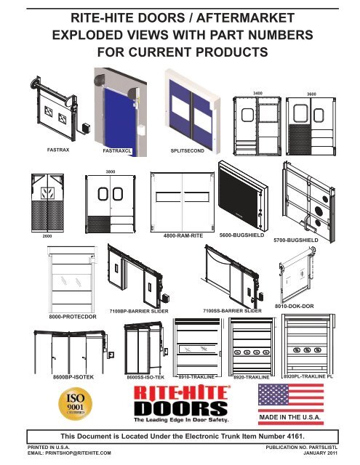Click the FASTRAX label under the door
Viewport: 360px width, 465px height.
pos(58,150)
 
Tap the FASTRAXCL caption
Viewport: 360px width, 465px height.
pos(117,150)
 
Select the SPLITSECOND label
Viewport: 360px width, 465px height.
pos(187,150)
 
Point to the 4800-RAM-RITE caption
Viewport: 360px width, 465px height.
pos(183,235)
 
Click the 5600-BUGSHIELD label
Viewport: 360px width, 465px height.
pos(241,235)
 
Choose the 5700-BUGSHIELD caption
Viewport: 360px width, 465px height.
pos(295,240)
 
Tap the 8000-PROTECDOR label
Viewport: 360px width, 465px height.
pos(73,317)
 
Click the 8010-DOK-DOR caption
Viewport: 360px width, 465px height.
pos(294,306)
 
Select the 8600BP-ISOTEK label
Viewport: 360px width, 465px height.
pos(73,377)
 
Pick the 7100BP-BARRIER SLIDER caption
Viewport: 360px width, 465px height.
pos(139,311)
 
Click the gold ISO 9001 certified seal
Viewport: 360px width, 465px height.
pos(76,404)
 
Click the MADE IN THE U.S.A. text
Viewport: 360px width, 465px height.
pos(290,417)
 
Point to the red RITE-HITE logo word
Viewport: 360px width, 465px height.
pos(182,392)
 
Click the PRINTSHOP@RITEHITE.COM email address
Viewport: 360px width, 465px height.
pos(78,453)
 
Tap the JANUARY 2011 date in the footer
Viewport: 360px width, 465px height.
pos(320,453)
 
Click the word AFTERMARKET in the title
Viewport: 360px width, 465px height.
pos(245,17)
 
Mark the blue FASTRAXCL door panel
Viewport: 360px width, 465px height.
pos(120,120)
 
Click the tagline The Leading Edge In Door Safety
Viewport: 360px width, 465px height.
pos(181,420)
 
